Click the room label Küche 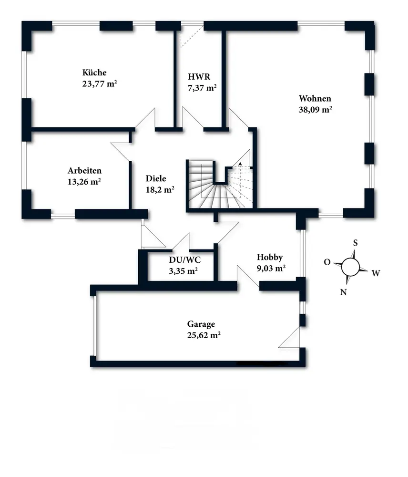(x=94, y=73)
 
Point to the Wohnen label (x=315, y=99)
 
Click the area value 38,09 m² (x=315, y=109)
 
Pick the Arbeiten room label (x=85, y=171)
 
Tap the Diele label (x=155, y=179)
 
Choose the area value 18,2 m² (x=160, y=189)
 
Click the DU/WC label (x=185, y=260)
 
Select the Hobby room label (x=270, y=257)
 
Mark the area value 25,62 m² (x=204, y=335)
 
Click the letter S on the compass (x=355, y=242)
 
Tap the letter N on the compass (x=343, y=292)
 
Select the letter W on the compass (x=376, y=273)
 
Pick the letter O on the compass (x=327, y=262)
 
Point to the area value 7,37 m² (x=203, y=87)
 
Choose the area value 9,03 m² (x=271, y=268)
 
